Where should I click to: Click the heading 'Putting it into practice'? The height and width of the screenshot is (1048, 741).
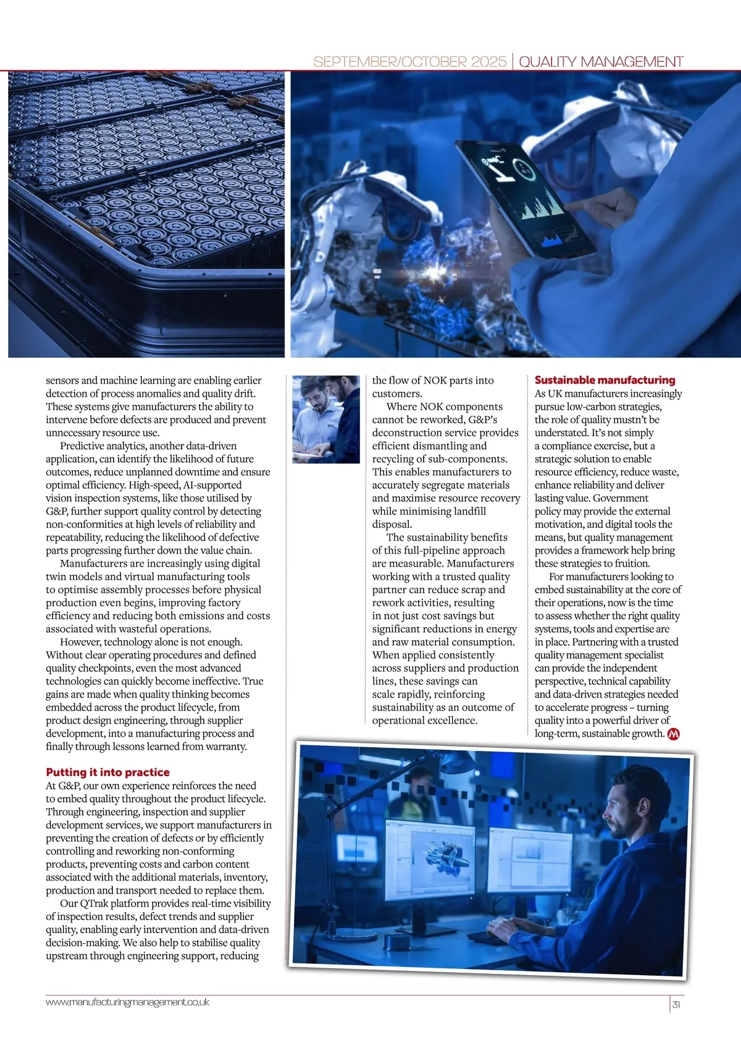pyautogui.click(x=107, y=772)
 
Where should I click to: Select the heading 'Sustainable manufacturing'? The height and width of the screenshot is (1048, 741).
pyautogui.click(x=605, y=380)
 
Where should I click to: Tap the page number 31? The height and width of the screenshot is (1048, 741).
pyautogui.click(x=676, y=1004)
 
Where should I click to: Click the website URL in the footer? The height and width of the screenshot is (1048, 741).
pyautogui.click(x=127, y=1002)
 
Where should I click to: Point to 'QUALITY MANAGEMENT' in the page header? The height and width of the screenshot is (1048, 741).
pyautogui.click(x=601, y=62)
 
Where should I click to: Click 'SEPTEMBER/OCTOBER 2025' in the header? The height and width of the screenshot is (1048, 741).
pyautogui.click(x=409, y=62)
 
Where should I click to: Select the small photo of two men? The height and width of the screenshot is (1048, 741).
pyautogui.click(x=325, y=419)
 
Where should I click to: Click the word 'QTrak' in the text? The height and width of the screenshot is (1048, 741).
pyautogui.click(x=93, y=903)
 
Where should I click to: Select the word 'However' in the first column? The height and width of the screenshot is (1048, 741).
pyautogui.click(x=80, y=642)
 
